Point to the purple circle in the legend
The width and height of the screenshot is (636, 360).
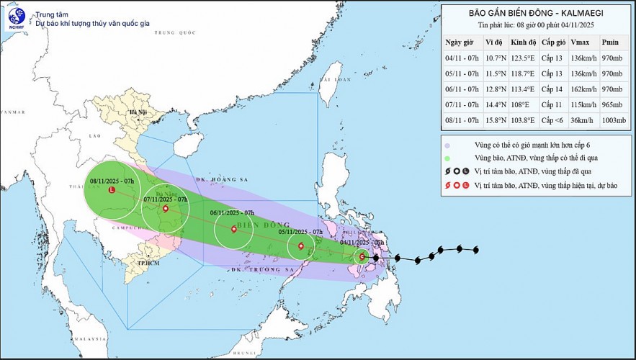tap(448, 145)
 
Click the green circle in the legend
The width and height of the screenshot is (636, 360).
tap(448, 159)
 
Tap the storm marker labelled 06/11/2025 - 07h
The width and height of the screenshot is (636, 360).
tap(233, 230)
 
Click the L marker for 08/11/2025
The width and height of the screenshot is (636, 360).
tap(111, 190)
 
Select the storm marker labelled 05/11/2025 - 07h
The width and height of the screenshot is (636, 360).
tap(301, 247)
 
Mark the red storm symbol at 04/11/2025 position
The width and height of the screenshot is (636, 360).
tap(362, 256)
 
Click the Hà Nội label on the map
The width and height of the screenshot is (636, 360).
tap(137, 113)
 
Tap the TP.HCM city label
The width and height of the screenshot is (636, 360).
tap(148, 264)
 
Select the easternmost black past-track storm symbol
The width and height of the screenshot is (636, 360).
tap(475, 250)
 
